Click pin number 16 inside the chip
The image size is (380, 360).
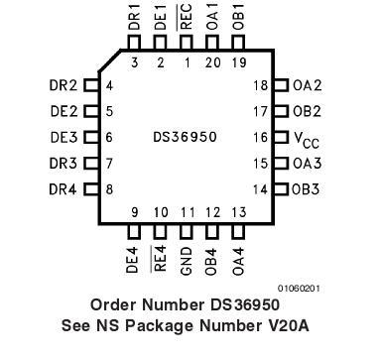[x=260, y=138]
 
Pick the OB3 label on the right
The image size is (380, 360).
[x=307, y=188]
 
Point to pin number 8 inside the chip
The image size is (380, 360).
[x=109, y=188]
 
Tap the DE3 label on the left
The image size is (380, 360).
[x=63, y=137]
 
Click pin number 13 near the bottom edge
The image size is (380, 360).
[x=237, y=211]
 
